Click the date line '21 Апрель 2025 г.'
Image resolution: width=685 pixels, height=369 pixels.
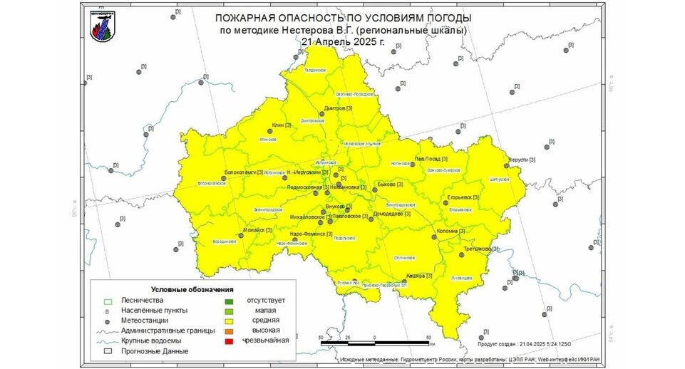click(x=343, y=42)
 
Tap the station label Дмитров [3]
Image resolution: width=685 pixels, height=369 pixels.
click(x=338, y=108)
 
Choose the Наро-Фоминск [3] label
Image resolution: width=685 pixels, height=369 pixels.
click(x=311, y=234)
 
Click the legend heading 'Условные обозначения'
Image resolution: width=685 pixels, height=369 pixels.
click(x=192, y=290)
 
